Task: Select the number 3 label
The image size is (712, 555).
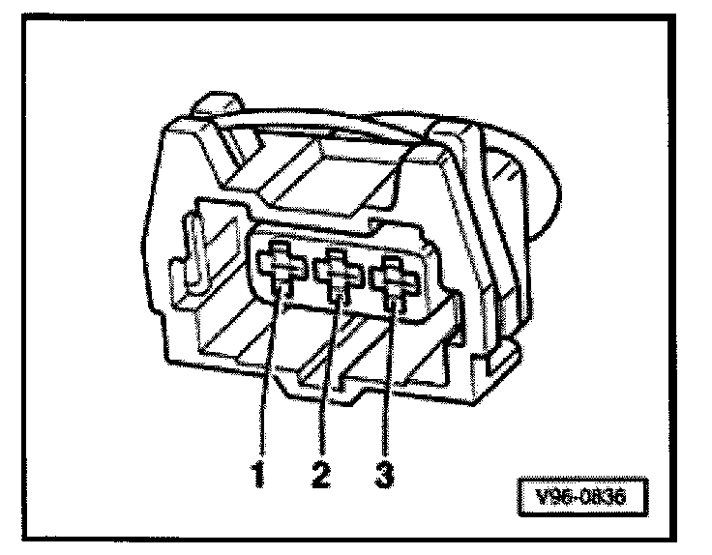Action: pyautogui.click(x=386, y=475)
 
